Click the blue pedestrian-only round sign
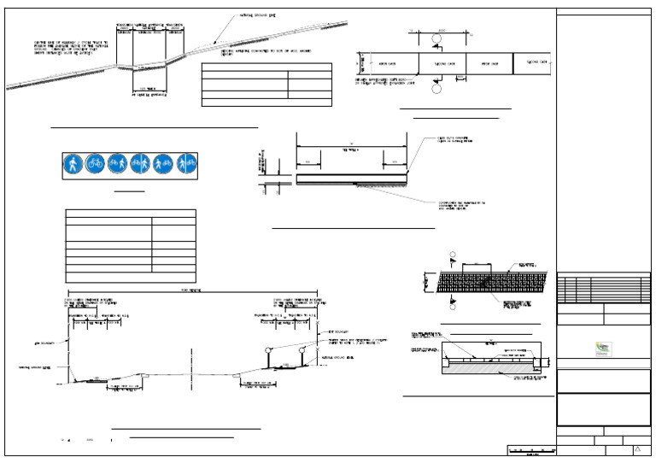click(73, 164)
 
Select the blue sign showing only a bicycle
click(95, 164)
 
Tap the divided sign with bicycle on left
click(140, 164)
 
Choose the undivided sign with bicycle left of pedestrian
click(118, 164)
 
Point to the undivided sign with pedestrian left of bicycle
click(163, 164)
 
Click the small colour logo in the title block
click(603, 349)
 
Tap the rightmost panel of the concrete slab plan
click(534, 63)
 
